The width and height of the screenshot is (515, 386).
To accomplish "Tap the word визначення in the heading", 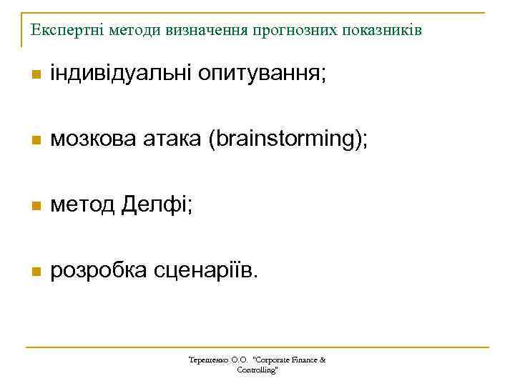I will click(207, 31).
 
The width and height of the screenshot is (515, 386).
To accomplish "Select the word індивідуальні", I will click(119, 73).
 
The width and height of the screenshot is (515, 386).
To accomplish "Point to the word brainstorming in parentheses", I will click(284, 139).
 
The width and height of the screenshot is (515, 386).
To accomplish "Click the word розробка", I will click(97, 271).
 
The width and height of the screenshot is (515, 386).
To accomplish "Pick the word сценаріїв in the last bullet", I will click(204, 271).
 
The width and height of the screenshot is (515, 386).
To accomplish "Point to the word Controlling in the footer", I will click(256, 370).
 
